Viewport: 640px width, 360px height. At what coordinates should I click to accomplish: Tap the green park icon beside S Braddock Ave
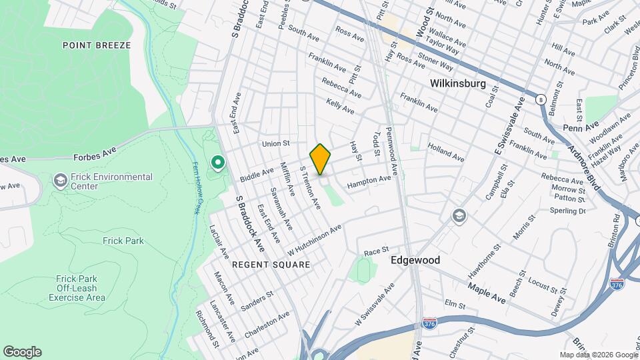[x=217, y=162]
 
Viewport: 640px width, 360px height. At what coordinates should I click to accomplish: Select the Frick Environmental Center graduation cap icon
[x=60, y=181]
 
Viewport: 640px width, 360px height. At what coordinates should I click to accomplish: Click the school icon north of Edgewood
[x=458, y=215]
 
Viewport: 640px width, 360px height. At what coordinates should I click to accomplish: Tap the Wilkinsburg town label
[x=457, y=85]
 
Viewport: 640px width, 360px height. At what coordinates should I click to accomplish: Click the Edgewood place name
[x=415, y=260]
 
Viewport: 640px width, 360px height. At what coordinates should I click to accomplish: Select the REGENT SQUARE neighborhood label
[x=271, y=265]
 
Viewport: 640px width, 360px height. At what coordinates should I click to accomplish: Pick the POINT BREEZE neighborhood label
[x=97, y=45]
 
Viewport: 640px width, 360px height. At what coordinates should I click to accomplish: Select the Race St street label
[x=377, y=251]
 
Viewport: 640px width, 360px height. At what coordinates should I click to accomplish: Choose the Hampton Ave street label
[x=369, y=180]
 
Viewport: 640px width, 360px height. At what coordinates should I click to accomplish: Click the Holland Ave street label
[x=445, y=154]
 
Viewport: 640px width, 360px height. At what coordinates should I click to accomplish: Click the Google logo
[x=22, y=352]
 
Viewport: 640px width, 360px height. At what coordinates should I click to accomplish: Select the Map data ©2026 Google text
[x=598, y=355]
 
